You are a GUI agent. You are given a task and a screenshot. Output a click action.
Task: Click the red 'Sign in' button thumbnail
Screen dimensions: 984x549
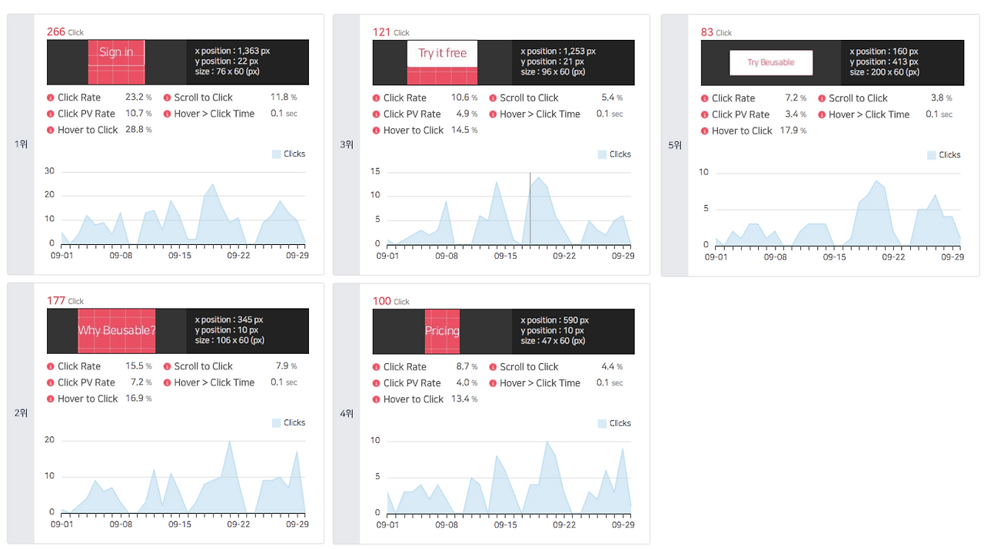(116, 62)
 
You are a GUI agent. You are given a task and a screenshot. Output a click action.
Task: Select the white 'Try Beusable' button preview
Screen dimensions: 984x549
(771, 62)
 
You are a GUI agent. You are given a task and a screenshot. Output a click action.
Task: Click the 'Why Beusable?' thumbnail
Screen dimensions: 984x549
(116, 331)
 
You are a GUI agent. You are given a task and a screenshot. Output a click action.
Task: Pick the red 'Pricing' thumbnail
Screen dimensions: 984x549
(442, 332)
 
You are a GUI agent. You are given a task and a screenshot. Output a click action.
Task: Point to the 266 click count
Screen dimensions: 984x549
(56, 31)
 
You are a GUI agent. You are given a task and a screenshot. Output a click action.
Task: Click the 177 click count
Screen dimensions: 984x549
(56, 301)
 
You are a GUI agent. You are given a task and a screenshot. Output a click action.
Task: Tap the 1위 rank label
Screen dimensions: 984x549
(21, 144)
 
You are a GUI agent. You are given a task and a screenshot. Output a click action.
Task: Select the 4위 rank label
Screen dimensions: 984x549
(347, 413)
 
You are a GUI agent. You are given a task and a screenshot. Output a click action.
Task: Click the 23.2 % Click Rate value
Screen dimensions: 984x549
(138, 97)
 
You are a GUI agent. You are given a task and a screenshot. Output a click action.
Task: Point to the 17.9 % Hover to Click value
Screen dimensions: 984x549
(793, 131)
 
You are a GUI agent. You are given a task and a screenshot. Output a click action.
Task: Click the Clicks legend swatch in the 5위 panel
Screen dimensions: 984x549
(931, 155)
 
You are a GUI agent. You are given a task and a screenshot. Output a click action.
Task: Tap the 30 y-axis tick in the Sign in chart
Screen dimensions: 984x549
(49, 170)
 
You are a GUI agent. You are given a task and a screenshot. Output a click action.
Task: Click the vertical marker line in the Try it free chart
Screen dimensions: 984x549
(530, 208)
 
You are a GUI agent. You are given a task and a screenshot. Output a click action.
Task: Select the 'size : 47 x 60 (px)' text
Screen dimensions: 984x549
(553, 341)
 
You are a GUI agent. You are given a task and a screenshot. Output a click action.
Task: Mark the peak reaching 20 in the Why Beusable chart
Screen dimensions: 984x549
(230, 442)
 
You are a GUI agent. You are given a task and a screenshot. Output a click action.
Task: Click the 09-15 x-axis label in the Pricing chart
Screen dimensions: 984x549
(505, 524)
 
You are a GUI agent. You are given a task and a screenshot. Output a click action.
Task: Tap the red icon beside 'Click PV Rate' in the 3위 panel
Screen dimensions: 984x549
(376, 114)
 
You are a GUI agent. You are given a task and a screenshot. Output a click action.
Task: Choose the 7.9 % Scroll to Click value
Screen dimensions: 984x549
(286, 366)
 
